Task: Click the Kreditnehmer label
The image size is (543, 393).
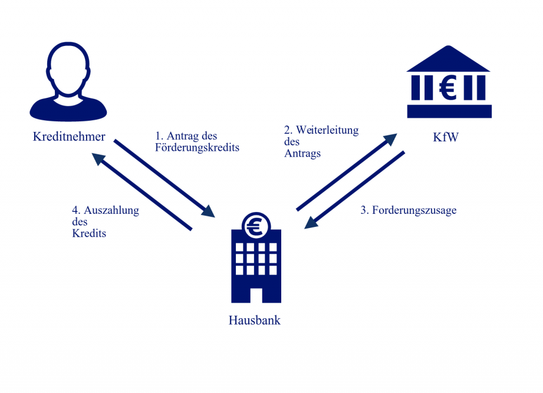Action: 69,137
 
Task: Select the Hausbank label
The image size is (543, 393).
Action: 255,321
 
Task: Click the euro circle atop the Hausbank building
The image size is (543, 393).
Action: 255,225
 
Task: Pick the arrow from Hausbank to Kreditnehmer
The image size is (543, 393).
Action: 141,192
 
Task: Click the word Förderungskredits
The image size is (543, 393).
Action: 198,148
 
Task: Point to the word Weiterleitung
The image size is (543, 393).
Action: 327,130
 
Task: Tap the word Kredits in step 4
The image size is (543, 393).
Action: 89,233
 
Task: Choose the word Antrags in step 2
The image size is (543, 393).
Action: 302,153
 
